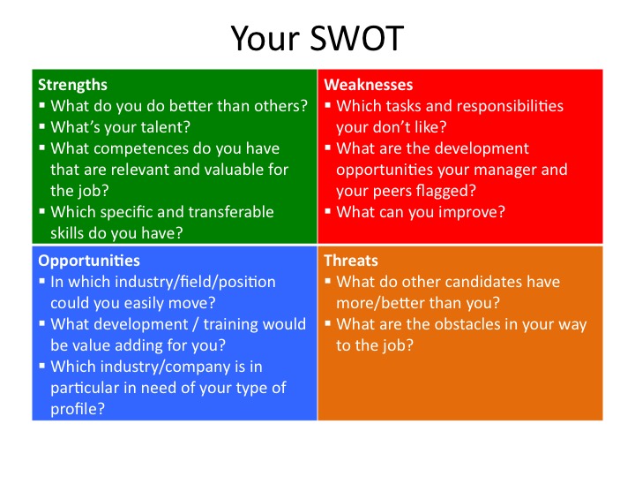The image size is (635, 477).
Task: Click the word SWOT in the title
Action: point(357,38)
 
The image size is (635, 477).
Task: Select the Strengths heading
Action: point(72,85)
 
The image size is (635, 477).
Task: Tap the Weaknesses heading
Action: point(368,85)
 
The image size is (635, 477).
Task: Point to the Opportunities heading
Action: point(89,261)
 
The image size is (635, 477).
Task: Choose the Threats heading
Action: point(351,261)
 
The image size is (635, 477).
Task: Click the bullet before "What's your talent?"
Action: point(42,126)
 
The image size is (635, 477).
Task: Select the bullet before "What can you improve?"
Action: point(328,211)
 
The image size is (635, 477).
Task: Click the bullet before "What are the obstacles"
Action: point(328,323)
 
